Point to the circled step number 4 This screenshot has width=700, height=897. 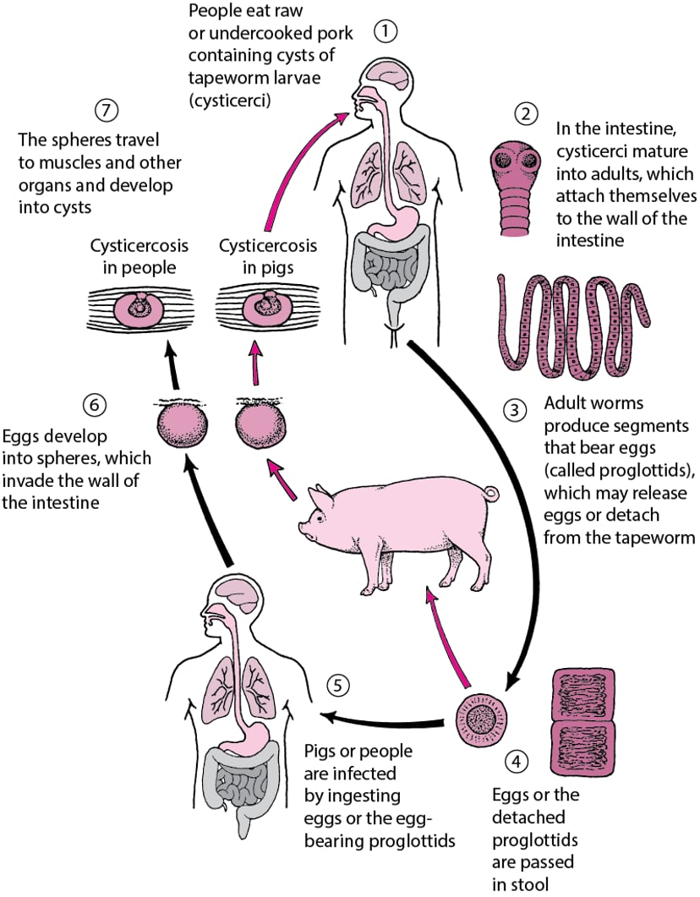coord(515,761)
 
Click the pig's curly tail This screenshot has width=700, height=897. coord(492,492)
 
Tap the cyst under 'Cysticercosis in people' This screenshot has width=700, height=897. coord(140,308)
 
